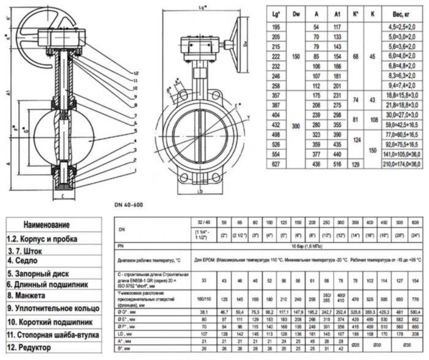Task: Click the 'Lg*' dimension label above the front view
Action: tap(201, 7)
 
